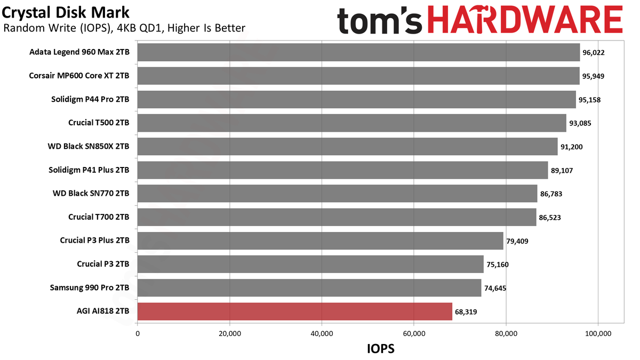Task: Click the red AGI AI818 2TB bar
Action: tap(294, 311)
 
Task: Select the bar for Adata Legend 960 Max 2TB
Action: tap(358, 52)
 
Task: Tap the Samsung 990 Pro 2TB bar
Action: tap(309, 287)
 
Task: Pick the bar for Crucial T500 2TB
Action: tap(351, 123)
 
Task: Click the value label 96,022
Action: tap(594, 53)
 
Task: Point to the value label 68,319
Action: tap(466, 311)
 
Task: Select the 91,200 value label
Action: tap(571, 147)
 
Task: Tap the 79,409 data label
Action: tap(517, 241)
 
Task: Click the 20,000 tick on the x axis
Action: tap(230, 333)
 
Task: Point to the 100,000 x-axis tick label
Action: tap(598, 333)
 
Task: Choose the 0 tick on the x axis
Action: tap(138, 333)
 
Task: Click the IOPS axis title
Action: tap(381, 349)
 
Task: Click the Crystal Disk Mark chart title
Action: tap(66, 13)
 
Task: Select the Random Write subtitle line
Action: tap(124, 28)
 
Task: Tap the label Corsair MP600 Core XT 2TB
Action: tap(79, 76)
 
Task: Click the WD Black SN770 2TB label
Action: tap(91, 194)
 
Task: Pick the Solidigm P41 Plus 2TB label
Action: tap(89, 170)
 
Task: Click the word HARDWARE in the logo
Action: tap(525, 20)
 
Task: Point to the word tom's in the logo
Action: tap(379, 21)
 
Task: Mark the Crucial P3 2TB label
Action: tap(103, 264)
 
